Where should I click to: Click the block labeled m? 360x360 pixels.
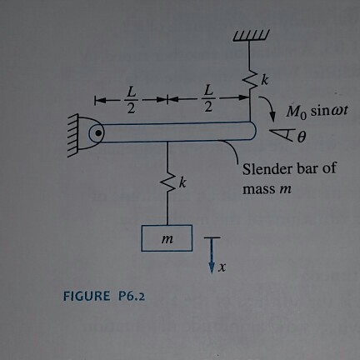pos(167,238)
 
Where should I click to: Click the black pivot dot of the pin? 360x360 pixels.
pos(97,133)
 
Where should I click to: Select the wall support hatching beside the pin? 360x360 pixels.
pos(72,135)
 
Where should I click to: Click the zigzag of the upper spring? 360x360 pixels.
pos(252,80)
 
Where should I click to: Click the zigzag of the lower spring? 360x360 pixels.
pos(167,182)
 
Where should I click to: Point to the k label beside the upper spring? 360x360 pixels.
pos(265,80)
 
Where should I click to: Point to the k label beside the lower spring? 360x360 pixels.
pos(182,183)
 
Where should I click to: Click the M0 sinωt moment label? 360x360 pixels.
pos(317,112)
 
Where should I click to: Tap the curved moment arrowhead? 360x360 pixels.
pos(272,117)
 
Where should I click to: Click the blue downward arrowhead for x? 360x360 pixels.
pos(212,267)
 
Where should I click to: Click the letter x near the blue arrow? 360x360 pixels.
pos(222,267)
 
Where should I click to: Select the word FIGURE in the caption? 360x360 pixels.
pos(87,296)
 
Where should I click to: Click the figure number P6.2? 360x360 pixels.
pos(132,296)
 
